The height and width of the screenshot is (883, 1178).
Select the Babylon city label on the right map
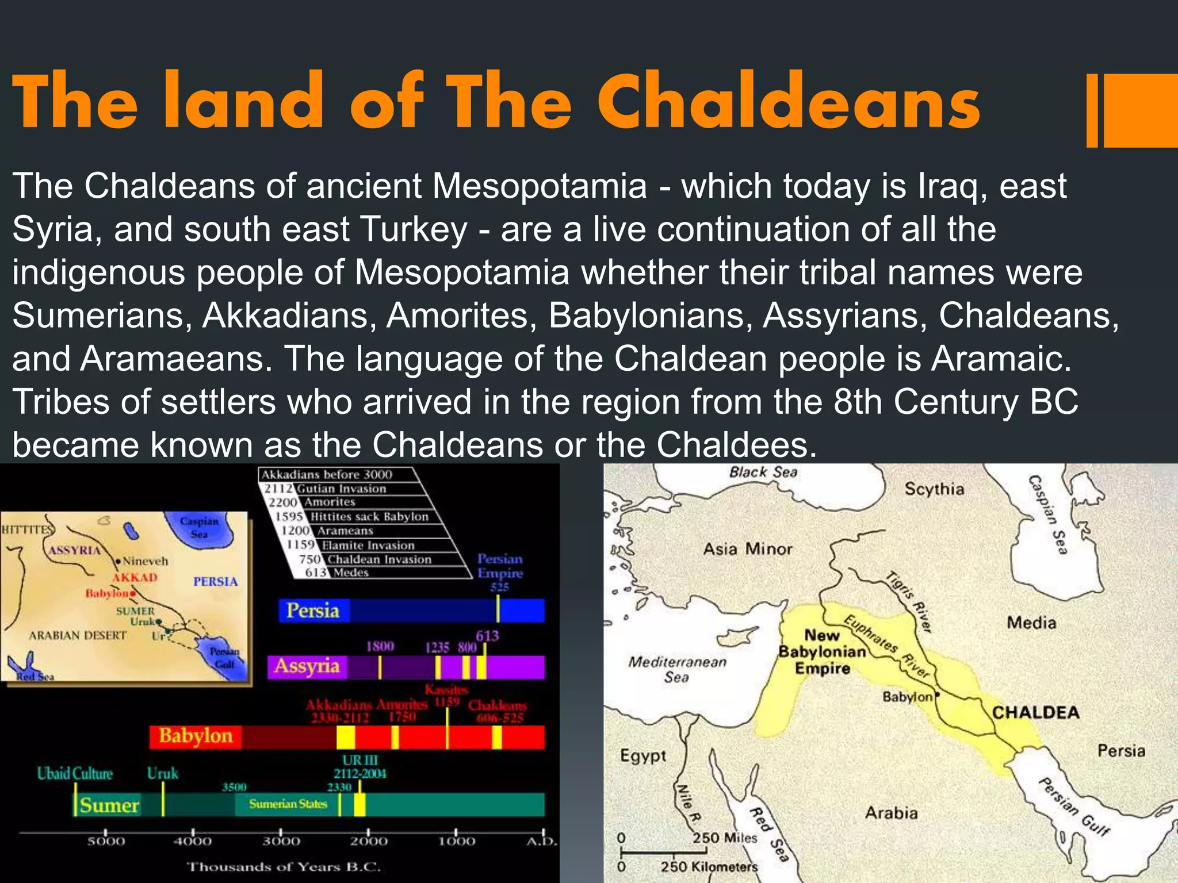[x=907, y=697]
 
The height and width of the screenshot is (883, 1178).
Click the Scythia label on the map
[x=934, y=489]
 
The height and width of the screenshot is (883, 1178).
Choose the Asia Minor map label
[x=747, y=549]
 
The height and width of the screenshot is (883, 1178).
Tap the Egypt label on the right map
[x=642, y=755]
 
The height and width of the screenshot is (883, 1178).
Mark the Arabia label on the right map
[x=891, y=813]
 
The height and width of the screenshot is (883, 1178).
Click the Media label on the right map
[x=1031, y=623]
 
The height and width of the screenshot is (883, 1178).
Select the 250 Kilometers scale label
[x=709, y=866]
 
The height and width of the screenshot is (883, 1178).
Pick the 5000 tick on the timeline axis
[x=106, y=842]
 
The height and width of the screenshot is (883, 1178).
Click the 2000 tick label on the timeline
[x=369, y=842]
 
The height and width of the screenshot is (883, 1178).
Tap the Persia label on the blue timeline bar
[x=313, y=611]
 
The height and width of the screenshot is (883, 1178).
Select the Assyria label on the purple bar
[x=307, y=666]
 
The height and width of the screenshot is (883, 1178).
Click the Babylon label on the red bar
[x=196, y=736]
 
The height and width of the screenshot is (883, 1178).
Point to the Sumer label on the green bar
[x=109, y=805]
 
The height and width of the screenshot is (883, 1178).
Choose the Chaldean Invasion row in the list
[x=378, y=559]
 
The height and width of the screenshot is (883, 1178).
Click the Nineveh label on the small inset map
[x=145, y=561]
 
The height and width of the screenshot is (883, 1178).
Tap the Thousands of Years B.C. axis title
[x=284, y=867]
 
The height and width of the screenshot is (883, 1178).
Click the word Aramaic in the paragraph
[x=1001, y=359]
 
